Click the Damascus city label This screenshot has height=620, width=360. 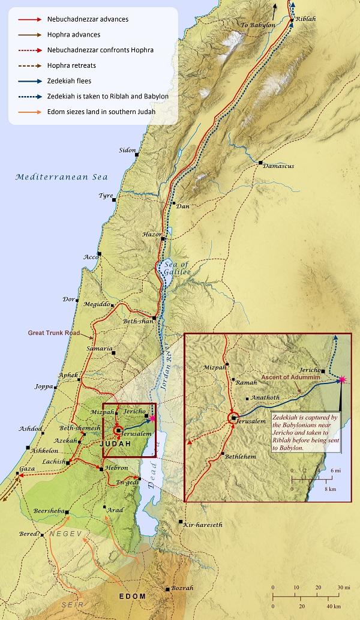click(278, 166)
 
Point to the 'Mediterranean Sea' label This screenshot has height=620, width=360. click(53, 177)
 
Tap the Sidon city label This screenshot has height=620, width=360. click(127, 149)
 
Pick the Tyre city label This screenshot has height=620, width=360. click(106, 196)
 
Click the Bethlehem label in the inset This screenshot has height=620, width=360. click(240, 456)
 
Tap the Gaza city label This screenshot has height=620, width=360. click(10, 468)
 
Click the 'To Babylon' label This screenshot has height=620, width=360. click(257, 25)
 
